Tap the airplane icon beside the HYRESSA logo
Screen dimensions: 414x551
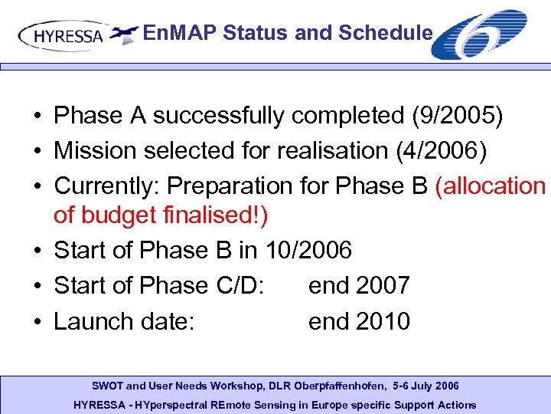(123, 33)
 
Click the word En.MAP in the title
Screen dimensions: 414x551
(175, 32)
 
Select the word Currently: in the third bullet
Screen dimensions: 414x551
(106, 186)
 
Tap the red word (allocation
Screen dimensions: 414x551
(490, 186)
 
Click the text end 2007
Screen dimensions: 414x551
(359, 285)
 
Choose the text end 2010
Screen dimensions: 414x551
(359, 321)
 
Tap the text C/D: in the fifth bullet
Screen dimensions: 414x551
(239, 285)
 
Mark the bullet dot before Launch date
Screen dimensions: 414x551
(37, 322)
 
